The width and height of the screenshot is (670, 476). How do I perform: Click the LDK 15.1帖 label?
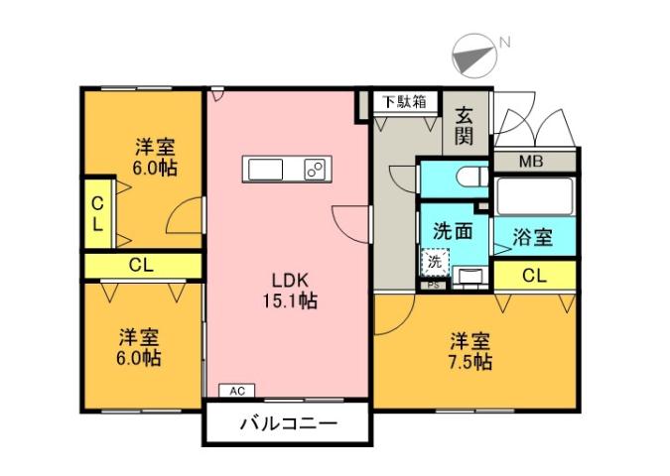(289, 289)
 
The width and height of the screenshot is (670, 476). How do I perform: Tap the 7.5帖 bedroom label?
(469, 350)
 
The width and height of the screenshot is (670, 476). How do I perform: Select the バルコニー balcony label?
(288, 423)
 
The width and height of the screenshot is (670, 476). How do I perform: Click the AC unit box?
(238, 391)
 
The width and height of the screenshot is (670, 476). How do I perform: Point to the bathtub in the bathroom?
(535, 196)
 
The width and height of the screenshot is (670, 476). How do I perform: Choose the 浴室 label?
(533, 238)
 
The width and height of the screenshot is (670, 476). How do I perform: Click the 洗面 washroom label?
(452, 231)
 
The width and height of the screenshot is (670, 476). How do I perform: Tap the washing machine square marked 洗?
(435, 262)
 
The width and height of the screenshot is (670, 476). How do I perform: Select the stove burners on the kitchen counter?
(317, 170)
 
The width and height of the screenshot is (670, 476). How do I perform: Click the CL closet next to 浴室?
(533, 276)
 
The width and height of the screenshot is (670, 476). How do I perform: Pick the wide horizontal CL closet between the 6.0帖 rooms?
(142, 266)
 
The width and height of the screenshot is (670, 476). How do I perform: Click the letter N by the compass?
(504, 42)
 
